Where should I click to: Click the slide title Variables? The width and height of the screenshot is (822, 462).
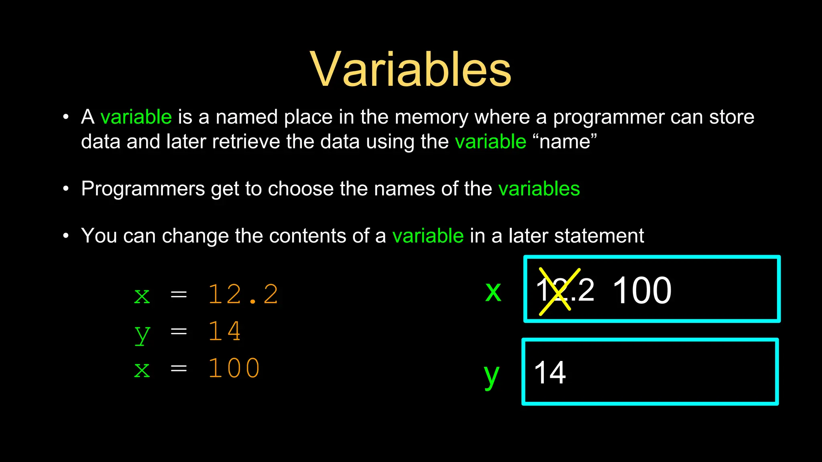pyautogui.click(x=411, y=69)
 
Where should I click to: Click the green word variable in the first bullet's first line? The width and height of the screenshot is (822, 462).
pyautogui.click(x=136, y=117)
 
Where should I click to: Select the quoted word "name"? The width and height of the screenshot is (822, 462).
pyautogui.click(x=565, y=142)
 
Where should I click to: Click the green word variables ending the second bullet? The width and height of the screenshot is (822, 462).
pyautogui.click(x=539, y=188)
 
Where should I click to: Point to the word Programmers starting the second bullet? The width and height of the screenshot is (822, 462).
pyautogui.click(x=143, y=189)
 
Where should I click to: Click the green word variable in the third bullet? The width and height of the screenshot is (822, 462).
pyautogui.click(x=428, y=236)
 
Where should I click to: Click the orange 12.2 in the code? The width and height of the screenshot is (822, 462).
pyautogui.click(x=243, y=294)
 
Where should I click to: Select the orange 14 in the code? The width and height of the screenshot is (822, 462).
pyautogui.click(x=224, y=331)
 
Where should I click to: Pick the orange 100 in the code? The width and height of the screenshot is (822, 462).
pyautogui.click(x=234, y=368)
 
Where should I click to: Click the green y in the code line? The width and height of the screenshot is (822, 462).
pyautogui.click(x=142, y=334)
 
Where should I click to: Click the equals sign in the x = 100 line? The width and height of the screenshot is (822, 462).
pyautogui.click(x=179, y=368)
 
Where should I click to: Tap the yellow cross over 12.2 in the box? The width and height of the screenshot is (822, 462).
pyautogui.click(x=560, y=291)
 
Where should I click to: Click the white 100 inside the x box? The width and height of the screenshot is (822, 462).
pyautogui.click(x=642, y=290)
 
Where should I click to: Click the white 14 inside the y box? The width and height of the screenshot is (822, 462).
pyautogui.click(x=550, y=373)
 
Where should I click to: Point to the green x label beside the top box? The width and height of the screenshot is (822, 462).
pyautogui.click(x=493, y=291)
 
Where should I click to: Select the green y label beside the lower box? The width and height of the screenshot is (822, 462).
pyautogui.click(x=492, y=376)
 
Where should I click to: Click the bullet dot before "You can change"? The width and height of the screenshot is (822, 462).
pyautogui.click(x=66, y=236)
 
